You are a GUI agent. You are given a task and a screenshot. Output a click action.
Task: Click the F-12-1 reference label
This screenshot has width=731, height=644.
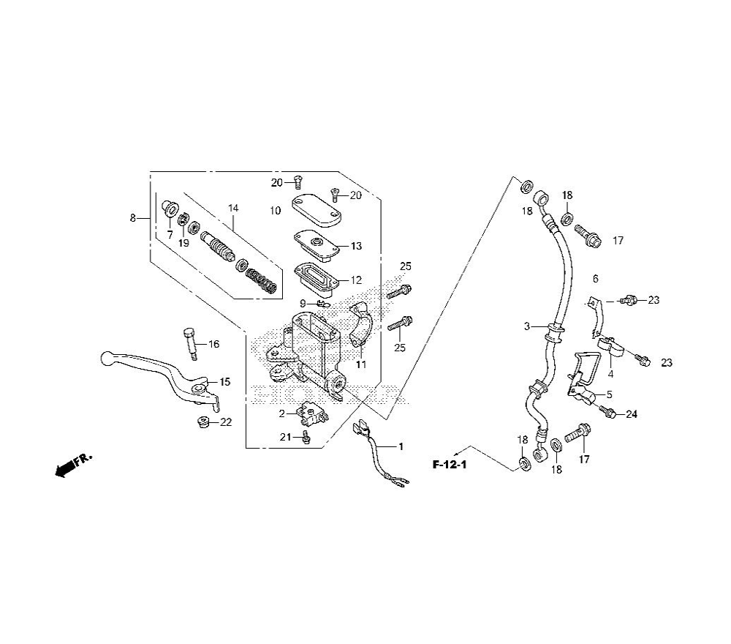[x=449, y=464]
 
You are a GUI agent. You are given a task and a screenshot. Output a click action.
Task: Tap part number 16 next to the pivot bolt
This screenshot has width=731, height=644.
[x=213, y=344]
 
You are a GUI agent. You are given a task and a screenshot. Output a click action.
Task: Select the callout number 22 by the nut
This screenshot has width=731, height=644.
[x=226, y=422]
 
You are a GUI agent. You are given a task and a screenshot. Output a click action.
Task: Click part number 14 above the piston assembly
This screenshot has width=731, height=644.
[x=232, y=209]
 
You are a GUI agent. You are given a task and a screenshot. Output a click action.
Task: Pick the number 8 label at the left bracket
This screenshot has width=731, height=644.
[x=132, y=217]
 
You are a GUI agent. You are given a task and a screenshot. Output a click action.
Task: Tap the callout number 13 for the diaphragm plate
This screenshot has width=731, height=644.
[x=356, y=246]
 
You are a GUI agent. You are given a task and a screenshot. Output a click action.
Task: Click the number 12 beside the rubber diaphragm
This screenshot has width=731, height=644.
[x=356, y=280]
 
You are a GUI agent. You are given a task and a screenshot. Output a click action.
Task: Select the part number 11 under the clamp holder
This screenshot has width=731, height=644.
[x=360, y=364]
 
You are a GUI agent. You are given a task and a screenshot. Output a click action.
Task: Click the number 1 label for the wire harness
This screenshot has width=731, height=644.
[x=400, y=446]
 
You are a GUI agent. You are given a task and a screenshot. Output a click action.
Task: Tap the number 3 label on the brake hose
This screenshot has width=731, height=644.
[x=526, y=326]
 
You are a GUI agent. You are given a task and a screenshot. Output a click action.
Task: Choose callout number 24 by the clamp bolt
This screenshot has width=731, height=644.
[x=631, y=414]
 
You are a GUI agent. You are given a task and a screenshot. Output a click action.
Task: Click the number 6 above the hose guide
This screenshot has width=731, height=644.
[x=595, y=278]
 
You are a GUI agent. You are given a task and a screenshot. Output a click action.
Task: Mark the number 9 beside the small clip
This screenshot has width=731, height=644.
[x=303, y=304]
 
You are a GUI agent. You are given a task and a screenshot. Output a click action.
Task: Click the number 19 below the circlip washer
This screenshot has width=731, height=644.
[x=183, y=242]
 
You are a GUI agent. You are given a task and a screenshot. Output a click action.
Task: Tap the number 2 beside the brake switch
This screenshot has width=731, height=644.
[x=281, y=413]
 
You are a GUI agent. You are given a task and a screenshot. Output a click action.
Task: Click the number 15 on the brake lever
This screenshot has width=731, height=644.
[x=224, y=382]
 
